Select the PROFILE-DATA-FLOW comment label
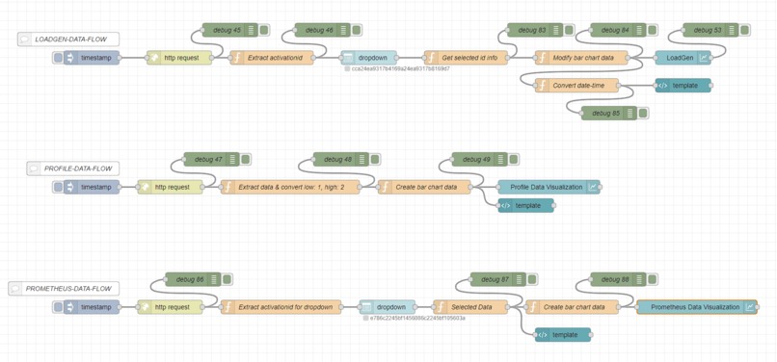[x=77, y=168]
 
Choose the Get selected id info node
[x=469, y=58]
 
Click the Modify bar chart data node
[x=582, y=58]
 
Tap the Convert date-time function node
[x=578, y=86]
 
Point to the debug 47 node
[x=211, y=159]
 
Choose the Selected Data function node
[x=471, y=307]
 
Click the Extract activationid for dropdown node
[x=283, y=307]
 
